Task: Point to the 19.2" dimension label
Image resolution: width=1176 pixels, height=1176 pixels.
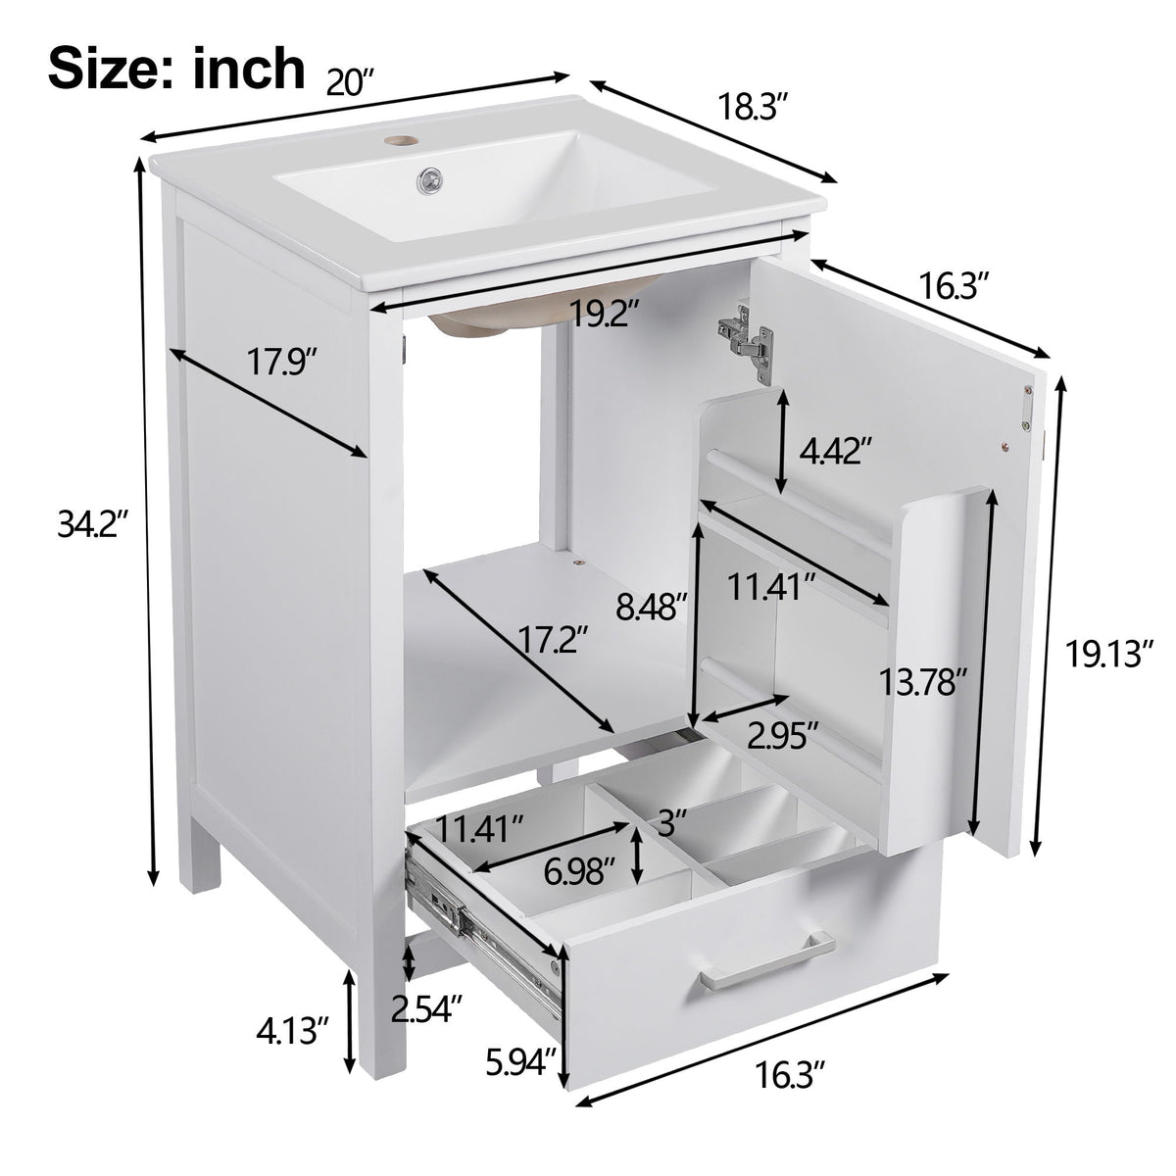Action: pyautogui.click(x=606, y=315)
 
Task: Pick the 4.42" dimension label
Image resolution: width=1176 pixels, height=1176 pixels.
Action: pyautogui.click(x=835, y=452)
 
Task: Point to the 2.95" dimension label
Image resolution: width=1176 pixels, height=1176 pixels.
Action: pyautogui.click(x=782, y=735)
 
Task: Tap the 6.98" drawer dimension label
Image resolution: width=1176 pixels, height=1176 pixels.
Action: pyautogui.click(x=581, y=867)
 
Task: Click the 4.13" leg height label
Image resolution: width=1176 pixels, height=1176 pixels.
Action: pyautogui.click(x=294, y=1032)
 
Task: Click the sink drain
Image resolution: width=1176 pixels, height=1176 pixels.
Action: pyautogui.click(x=429, y=179)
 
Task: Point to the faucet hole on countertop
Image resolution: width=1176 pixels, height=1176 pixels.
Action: pyautogui.click(x=398, y=140)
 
